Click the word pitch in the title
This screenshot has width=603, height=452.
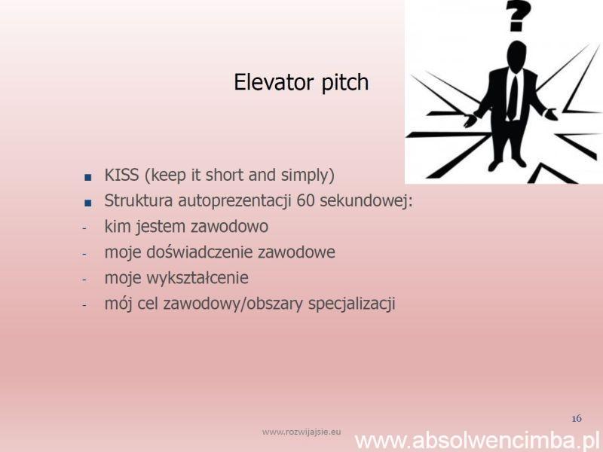pos(345,83)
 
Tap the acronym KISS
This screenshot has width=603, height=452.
pos(121,175)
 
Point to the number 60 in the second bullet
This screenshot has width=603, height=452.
pos(306,200)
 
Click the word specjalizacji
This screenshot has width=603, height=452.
pos(352,304)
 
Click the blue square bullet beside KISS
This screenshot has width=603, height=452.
pos(88,177)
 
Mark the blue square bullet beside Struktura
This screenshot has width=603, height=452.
pos(88,203)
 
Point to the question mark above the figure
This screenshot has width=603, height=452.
pos(518,15)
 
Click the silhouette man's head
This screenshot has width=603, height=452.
pos(516,55)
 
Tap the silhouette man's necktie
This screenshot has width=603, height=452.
pos(513,97)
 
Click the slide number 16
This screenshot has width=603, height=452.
pos(577,419)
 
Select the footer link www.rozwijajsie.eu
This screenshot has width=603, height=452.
pos(301,432)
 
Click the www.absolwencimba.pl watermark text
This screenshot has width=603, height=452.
pos(477,441)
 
